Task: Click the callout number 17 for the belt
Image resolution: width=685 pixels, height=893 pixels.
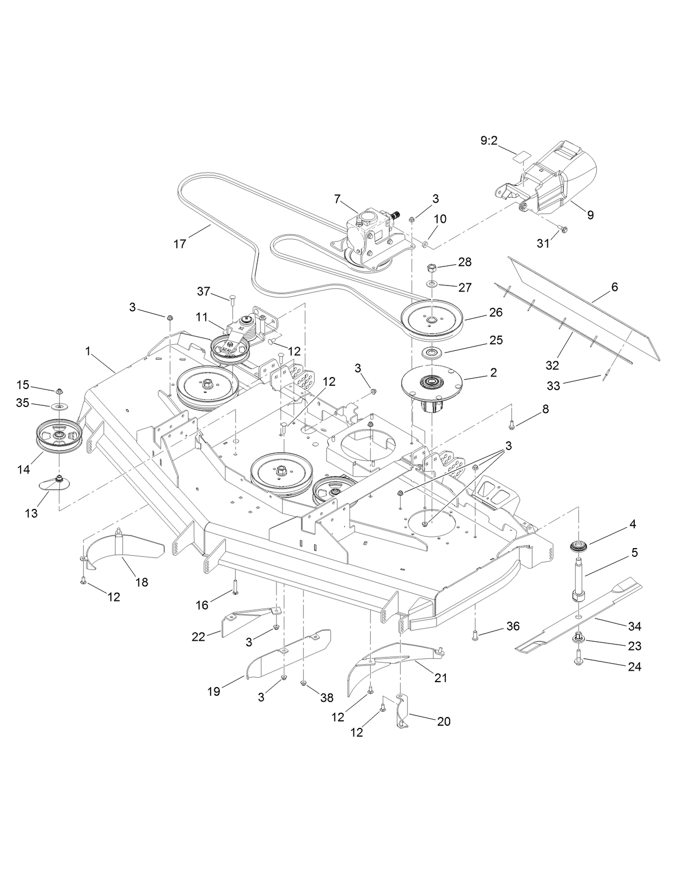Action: (179, 244)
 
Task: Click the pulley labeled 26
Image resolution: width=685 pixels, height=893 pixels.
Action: (432, 319)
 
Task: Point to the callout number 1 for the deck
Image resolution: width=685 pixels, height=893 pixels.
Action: (88, 351)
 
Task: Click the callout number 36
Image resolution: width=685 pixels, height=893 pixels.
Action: (513, 626)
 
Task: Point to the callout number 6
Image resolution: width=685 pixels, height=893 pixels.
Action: (614, 287)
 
